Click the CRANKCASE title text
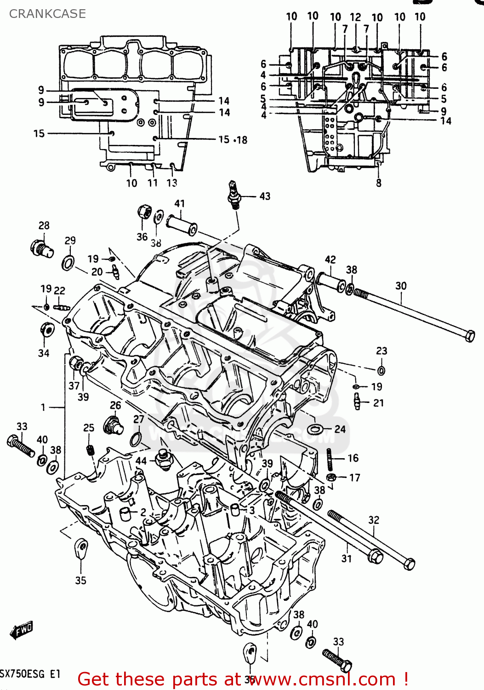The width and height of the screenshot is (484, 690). click(x=47, y=14)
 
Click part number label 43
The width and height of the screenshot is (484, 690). click(x=265, y=196)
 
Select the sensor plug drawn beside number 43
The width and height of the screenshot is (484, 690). click(x=234, y=195)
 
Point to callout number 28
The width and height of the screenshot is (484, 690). click(x=44, y=225)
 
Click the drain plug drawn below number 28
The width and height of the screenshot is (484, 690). click(x=42, y=248)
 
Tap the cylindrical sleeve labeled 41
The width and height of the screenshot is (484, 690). click(x=182, y=224)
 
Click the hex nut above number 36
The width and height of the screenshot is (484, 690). click(x=144, y=212)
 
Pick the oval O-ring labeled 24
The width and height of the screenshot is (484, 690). click(x=314, y=429)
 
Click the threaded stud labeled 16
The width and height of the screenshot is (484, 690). click(x=330, y=459)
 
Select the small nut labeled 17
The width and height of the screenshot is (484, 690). click(x=331, y=477)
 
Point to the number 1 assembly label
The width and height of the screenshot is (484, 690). click(x=43, y=407)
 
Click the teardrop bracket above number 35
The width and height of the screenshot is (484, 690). click(x=81, y=549)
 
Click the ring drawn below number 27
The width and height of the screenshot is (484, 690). click(x=136, y=439)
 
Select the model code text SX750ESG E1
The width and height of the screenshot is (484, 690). click(x=30, y=674)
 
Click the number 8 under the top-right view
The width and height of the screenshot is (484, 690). click(x=378, y=183)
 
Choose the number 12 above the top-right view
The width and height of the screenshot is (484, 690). click(x=355, y=17)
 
